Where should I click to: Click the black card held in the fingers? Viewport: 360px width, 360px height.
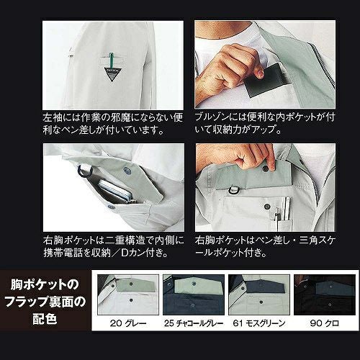(x=267, y=79)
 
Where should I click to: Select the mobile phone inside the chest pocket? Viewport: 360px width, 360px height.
(x=116, y=191)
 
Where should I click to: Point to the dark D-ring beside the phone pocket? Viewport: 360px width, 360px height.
(x=85, y=171)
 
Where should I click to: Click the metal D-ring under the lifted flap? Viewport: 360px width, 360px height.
(x=233, y=190)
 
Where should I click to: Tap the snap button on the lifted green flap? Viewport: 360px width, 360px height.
(x=266, y=168)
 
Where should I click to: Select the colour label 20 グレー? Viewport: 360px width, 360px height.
(x=128, y=323)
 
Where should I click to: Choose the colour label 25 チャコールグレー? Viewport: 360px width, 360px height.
(x=194, y=323)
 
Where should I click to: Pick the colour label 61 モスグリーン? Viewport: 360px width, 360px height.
(x=259, y=323)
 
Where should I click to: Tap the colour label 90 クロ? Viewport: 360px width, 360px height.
(x=325, y=323)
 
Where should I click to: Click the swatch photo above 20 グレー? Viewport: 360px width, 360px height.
(x=128, y=294)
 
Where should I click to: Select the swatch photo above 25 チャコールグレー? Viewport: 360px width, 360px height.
(x=194, y=294)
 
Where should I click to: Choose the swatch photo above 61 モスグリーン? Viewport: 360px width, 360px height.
(x=259, y=294)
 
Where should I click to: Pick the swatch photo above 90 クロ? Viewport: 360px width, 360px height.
(x=325, y=294)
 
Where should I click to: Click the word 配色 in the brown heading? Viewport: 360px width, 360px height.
(x=45, y=318)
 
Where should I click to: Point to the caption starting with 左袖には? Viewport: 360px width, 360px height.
(x=113, y=124)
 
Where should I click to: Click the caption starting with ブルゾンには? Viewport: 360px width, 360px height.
(x=265, y=123)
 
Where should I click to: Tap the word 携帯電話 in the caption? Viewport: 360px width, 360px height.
(x=63, y=253)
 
